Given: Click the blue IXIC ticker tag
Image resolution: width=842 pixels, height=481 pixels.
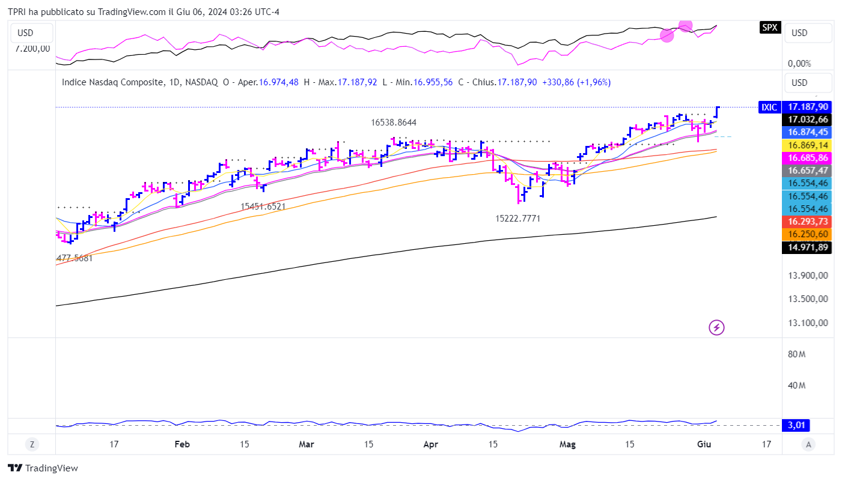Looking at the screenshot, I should click(769, 107).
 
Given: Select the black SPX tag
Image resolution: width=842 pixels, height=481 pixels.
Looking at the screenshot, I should click(769, 27).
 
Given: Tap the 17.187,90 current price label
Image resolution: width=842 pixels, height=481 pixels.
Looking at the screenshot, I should click(808, 106).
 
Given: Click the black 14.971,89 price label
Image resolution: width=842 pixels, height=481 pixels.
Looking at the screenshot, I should click(808, 247).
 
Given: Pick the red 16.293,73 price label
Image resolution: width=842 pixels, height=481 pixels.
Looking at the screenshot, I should click(808, 222).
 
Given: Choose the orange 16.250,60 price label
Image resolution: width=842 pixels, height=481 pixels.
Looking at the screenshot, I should click(808, 234).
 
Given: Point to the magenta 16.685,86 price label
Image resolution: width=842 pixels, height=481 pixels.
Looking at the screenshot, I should click(808, 158).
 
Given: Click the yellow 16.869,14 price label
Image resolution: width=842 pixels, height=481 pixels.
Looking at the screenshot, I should click(808, 145).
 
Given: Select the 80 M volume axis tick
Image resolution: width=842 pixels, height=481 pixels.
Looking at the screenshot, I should click(796, 354).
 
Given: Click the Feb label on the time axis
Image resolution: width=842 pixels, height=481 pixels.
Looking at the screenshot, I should click(182, 444).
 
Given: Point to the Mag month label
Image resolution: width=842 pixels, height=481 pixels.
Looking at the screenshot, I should click(567, 444).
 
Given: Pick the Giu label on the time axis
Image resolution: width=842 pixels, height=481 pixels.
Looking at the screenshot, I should click(704, 444).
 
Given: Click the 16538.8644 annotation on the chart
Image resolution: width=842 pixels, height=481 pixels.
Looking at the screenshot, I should click(394, 123).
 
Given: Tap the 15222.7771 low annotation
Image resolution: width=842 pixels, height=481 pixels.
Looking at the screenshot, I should click(517, 219).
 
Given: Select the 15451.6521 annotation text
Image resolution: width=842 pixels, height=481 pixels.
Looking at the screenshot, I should click(263, 206).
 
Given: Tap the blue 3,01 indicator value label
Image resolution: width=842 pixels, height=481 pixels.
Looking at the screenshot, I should click(796, 425).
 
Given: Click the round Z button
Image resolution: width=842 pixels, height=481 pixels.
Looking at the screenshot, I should click(32, 444).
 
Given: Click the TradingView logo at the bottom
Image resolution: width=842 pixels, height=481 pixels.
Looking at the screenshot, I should click(43, 468).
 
